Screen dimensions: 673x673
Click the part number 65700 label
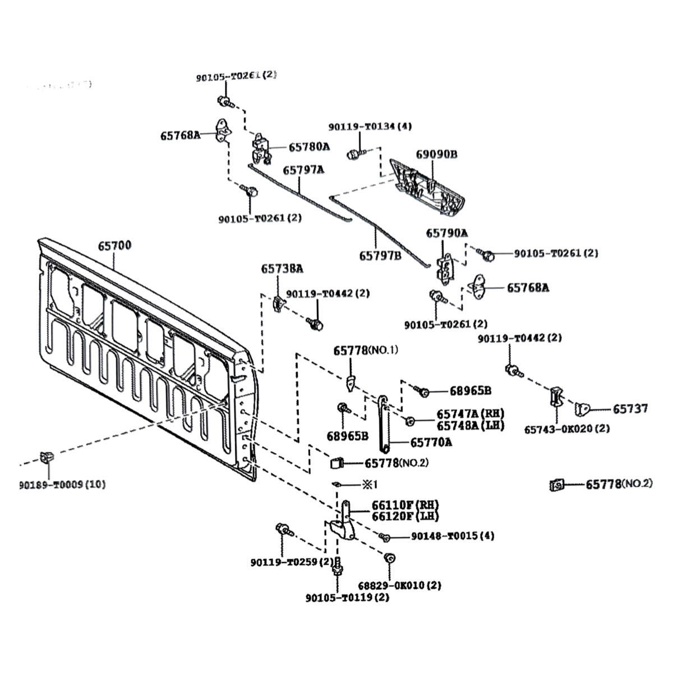click(114, 246)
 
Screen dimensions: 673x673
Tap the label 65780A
click(309, 147)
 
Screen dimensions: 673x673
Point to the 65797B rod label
click(380, 256)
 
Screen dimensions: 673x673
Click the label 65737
click(630, 409)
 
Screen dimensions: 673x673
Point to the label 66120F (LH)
click(405, 516)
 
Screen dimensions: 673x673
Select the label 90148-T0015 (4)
click(453, 536)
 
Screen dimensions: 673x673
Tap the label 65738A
click(282, 269)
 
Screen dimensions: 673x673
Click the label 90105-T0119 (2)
click(347, 598)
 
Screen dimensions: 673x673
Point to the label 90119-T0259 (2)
click(292, 562)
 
